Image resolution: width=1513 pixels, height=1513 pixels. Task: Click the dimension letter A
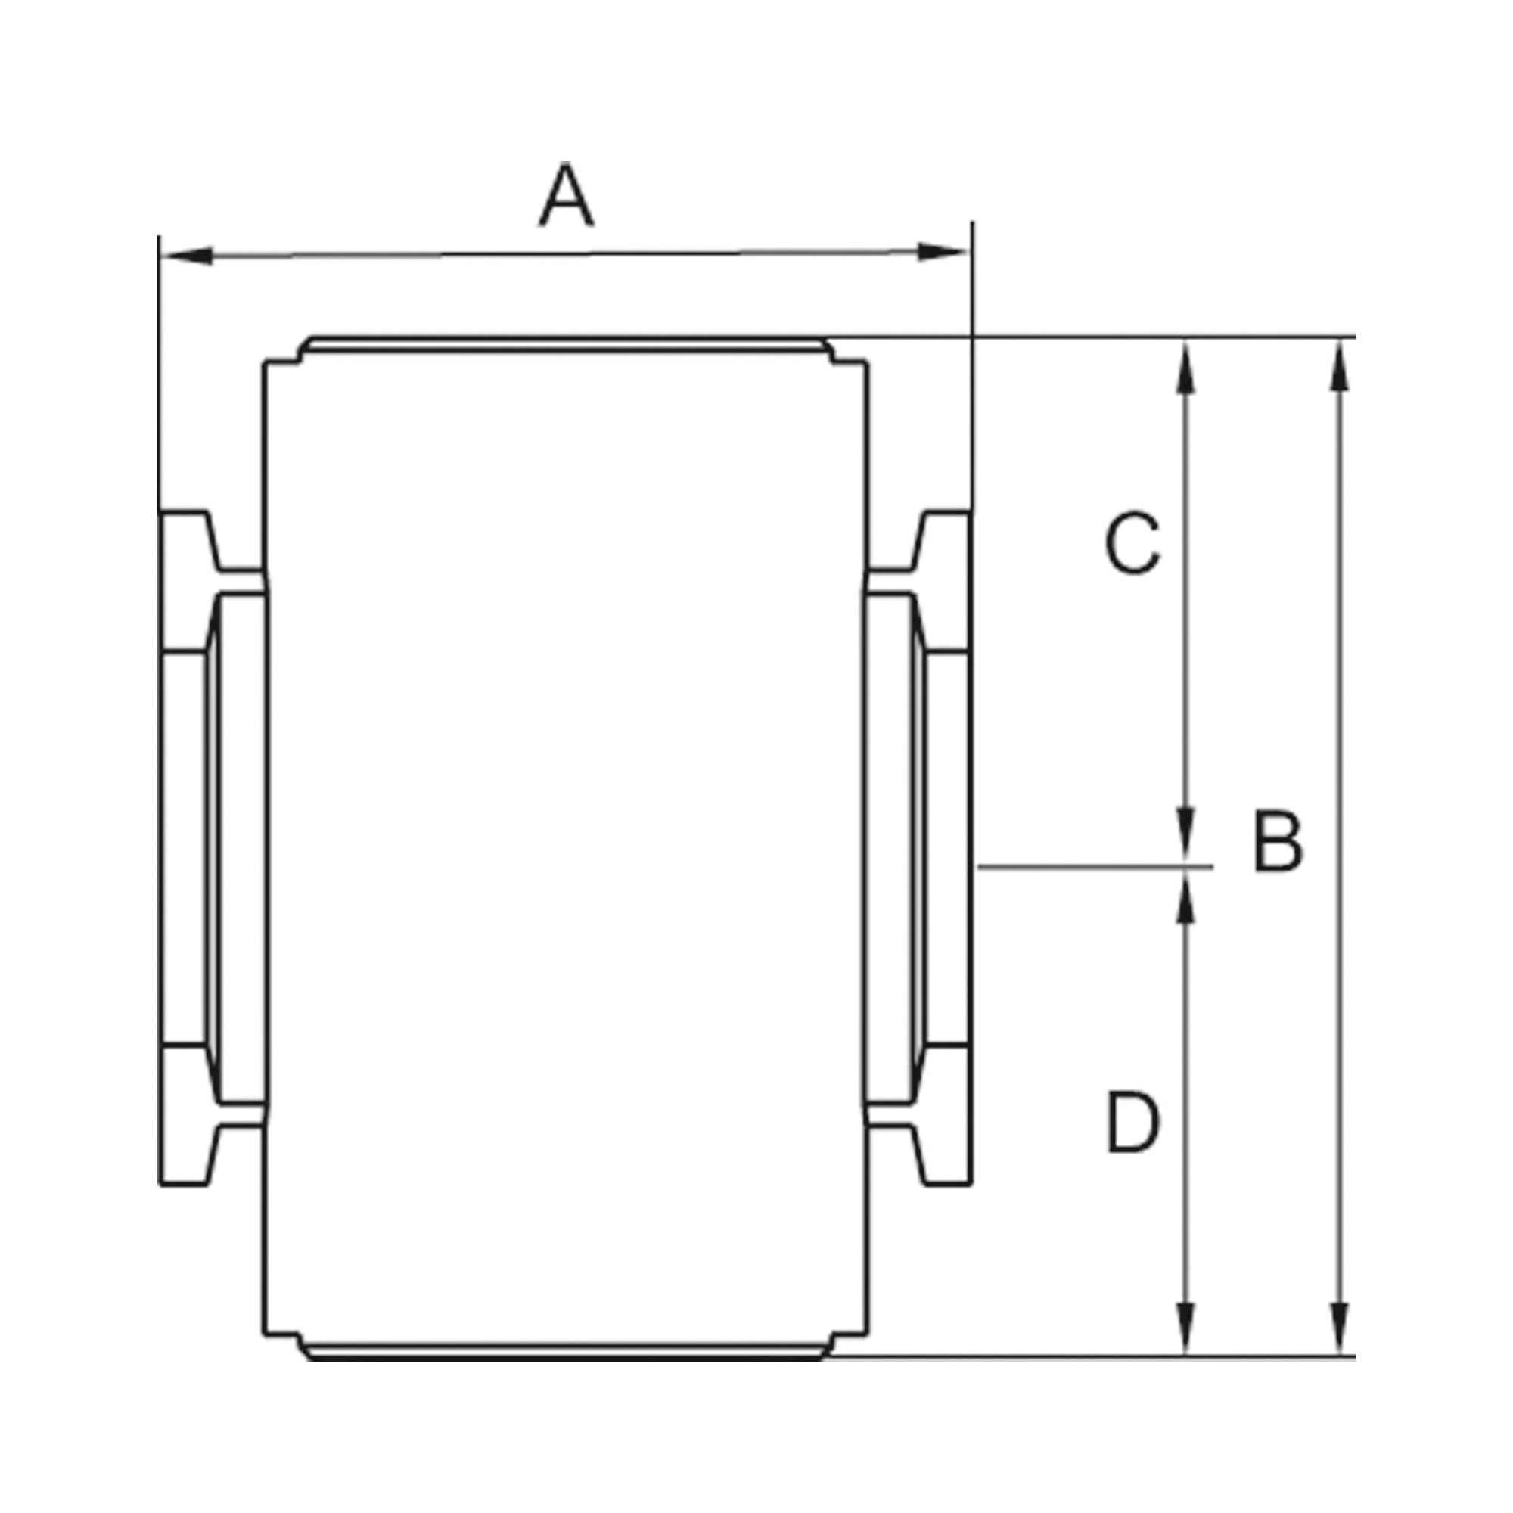pyautogui.click(x=566, y=196)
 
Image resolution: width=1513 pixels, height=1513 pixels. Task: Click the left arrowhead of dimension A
pyautogui.click(x=188, y=256)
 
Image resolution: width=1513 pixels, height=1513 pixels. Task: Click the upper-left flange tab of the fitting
pyautogui.click(x=188, y=540)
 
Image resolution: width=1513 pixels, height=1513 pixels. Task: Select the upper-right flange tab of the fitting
pyautogui.click(x=943, y=540)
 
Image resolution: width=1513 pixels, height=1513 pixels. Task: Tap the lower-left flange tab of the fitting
pyautogui.click(x=188, y=1155)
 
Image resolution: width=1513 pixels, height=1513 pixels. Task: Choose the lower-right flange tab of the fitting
pyautogui.click(x=943, y=1155)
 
